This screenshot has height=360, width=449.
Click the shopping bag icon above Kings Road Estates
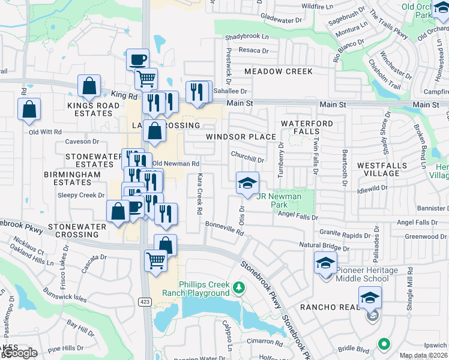point(89,86)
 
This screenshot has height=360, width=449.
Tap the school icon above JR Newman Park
point(246,184)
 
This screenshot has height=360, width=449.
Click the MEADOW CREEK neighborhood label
point(279,71)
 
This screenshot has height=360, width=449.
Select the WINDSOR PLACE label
point(241,137)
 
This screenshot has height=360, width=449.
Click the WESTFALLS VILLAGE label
point(386,169)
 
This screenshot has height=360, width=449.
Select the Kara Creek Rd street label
point(199,195)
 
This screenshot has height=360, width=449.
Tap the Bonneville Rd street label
point(224,230)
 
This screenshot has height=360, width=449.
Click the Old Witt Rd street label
point(45,131)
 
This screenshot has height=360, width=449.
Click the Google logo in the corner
point(19,353)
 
